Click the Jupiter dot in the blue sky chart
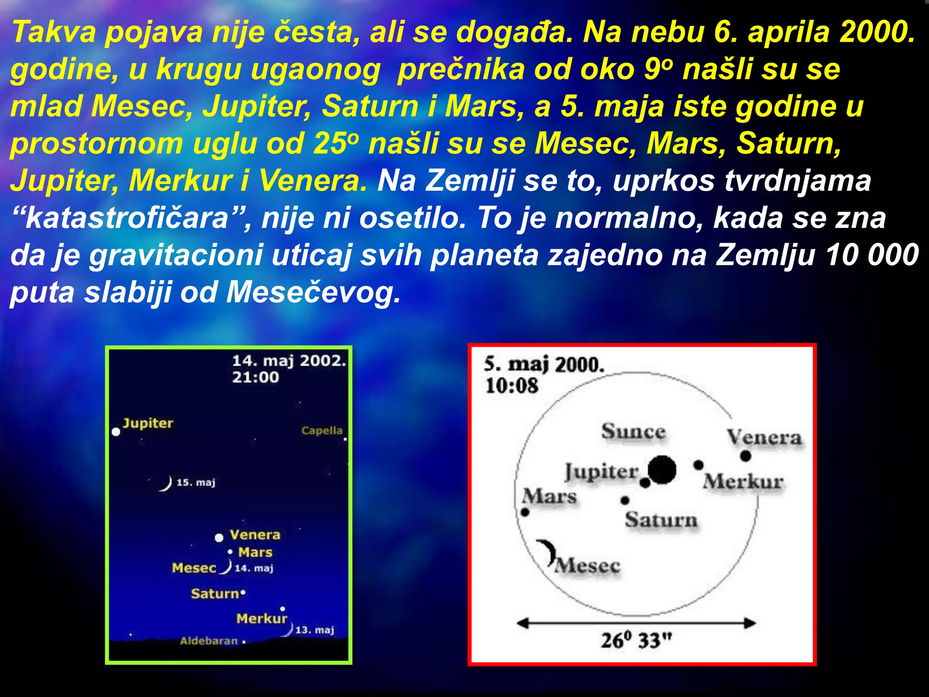coord(116,432)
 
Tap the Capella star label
coord(322,430)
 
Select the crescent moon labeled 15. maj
coord(166,484)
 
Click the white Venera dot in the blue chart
coord(219,538)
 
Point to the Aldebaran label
coord(209,641)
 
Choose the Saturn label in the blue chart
coord(215,594)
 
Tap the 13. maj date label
coord(314,630)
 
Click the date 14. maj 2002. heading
coord(289,361)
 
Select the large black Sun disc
coord(662,470)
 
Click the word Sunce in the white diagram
coord(633,431)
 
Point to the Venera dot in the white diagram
coord(746,456)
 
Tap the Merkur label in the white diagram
coord(743,482)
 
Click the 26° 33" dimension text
coord(636,640)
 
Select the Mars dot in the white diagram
coord(525,512)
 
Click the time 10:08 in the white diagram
coord(511,386)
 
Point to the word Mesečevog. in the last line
coord(313,292)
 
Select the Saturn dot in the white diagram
coord(625,500)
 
